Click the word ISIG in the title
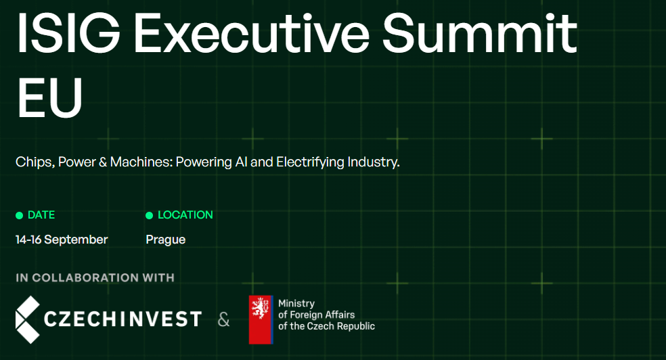[68, 33]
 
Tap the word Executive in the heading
[252, 33]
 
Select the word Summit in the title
[480, 33]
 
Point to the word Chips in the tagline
[35, 162]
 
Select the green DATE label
[41, 215]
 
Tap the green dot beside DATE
[19, 216]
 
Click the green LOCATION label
[185, 215]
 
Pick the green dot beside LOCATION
[149, 216]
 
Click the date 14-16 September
[62, 240]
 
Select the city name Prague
[166, 240]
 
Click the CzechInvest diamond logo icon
[28, 319]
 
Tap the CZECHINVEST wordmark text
[123, 319]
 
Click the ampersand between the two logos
[223, 319]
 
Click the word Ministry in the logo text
[296, 304]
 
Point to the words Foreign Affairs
[322, 315]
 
